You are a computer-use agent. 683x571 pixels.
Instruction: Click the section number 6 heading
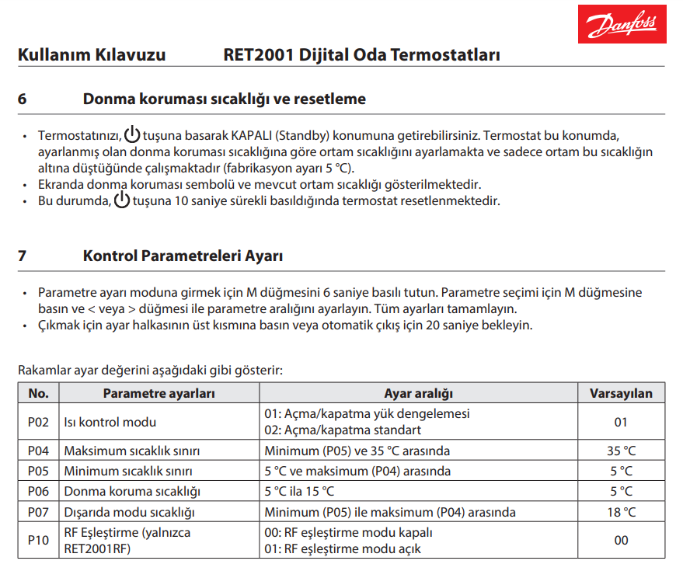point(22,99)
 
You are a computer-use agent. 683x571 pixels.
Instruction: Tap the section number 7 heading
point(22,255)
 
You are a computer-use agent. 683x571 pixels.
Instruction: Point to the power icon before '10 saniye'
point(122,200)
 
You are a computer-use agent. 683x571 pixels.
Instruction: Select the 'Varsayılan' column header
point(621,393)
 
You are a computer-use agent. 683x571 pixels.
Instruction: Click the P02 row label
point(38,422)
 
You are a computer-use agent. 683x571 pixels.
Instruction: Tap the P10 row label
point(38,540)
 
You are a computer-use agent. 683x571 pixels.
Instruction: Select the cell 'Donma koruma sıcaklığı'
point(132,491)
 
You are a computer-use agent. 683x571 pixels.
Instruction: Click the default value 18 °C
point(621,512)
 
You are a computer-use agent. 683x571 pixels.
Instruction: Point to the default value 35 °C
point(621,451)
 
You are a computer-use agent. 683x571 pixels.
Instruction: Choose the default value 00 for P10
point(621,540)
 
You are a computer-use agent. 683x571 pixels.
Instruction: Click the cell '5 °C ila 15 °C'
point(299,491)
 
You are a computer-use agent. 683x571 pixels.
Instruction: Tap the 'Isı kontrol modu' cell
point(110,422)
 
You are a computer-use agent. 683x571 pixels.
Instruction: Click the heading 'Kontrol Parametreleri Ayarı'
point(183,255)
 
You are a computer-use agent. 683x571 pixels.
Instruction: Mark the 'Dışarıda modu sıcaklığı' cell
point(129,512)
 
